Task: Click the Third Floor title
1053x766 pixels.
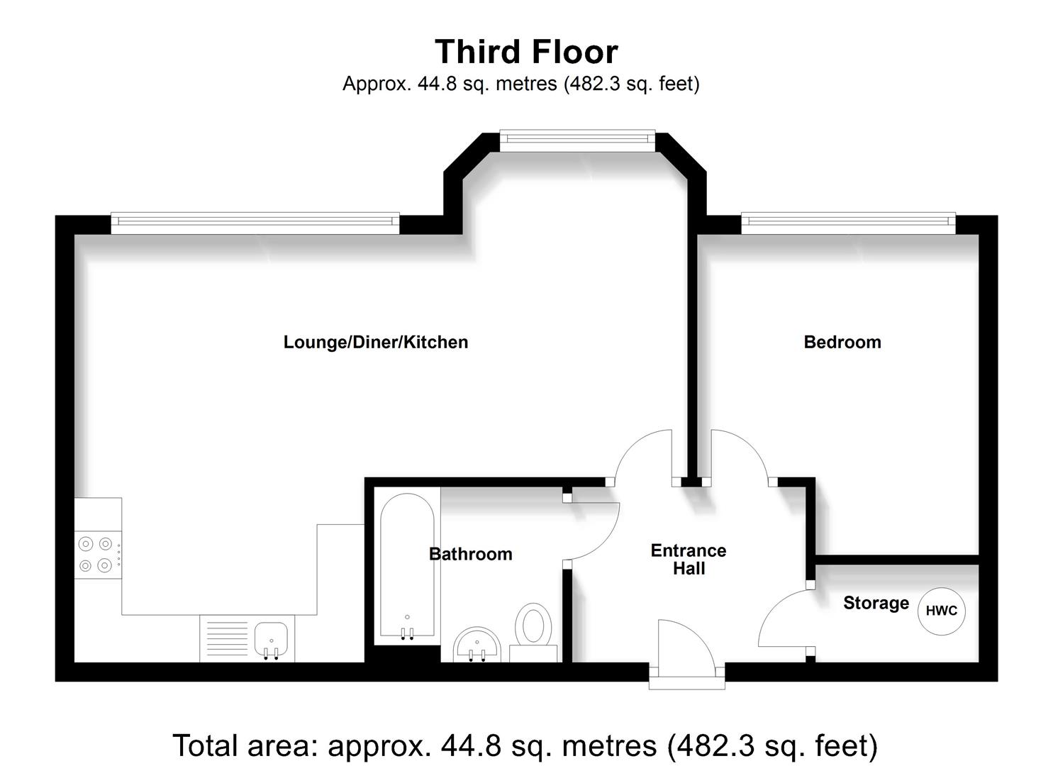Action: coord(526,52)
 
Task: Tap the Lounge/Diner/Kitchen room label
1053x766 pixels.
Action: coord(375,342)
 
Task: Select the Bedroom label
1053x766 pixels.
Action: coord(842,342)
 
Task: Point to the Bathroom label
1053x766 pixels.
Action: coord(470,554)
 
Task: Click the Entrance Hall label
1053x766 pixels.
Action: coord(689,560)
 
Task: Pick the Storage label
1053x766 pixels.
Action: coord(876,603)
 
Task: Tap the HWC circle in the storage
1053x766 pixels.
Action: coord(941,611)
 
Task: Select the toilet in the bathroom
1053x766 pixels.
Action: coord(533,626)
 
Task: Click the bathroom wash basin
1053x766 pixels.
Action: coord(477,645)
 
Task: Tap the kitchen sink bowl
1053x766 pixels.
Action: coord(271,638)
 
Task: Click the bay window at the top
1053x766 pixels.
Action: coord(577,140)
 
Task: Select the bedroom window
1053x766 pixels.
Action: coord(848,223)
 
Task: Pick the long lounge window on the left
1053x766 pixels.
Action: coord(255,223)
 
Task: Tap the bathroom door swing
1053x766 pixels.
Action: coord(594,531)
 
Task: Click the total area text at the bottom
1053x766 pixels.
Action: coord(525,745)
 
